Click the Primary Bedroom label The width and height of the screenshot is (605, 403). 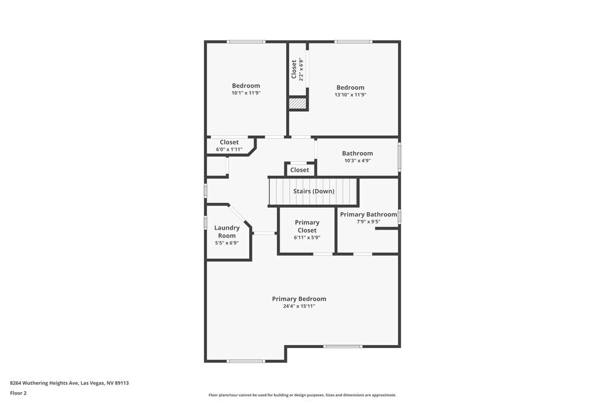point(299,298)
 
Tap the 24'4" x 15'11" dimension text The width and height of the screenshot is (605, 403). point(299,306)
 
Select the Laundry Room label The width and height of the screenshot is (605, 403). point(227,231)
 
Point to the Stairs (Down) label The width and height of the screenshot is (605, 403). point(313,191)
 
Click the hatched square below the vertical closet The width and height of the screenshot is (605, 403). point(297,104)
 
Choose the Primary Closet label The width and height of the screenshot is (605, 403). point(307,226)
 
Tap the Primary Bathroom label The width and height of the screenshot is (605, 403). point(368,214)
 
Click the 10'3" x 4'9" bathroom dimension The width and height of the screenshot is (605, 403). point(357,161)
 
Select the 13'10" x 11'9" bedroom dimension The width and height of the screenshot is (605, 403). point(350,95)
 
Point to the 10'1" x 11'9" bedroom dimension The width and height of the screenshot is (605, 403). point(246,93)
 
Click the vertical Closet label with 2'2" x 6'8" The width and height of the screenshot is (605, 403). point(294,69)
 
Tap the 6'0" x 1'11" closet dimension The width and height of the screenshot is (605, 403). point(229,149)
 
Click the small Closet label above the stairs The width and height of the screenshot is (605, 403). point(299,170)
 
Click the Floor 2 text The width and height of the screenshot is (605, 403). point(18,393)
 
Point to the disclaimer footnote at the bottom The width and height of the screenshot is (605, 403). point(302,395)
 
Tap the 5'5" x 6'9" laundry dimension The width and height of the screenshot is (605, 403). point(227,243)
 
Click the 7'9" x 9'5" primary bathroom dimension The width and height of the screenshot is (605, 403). point(368,222)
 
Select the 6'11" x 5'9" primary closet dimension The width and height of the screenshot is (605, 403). point(307,237)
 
